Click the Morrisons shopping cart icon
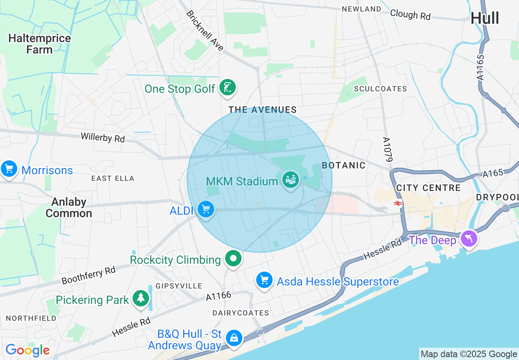click(x=9, y=169)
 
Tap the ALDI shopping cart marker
click(x=205, y=209)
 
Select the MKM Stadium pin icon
click(x=291, y=180)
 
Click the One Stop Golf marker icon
click(x=227, y=88)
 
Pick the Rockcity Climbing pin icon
click(x=233, y=259)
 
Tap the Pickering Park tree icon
click(x=141, y=298)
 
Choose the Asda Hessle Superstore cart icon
click(x=264, y=281)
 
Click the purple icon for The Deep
click(x=468, y=239)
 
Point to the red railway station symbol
click(x=397, y=203)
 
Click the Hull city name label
click(x=485, y=18)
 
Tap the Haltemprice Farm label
click(x=40, y=44)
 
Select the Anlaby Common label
click(x=69, y=208)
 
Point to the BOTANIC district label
click(x=343, y=165)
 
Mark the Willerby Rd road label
click(x=103, y=137)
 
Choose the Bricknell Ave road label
click(x=205, y=31)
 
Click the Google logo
click(x=27, y=351)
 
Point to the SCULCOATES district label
click(x=380, y=89)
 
